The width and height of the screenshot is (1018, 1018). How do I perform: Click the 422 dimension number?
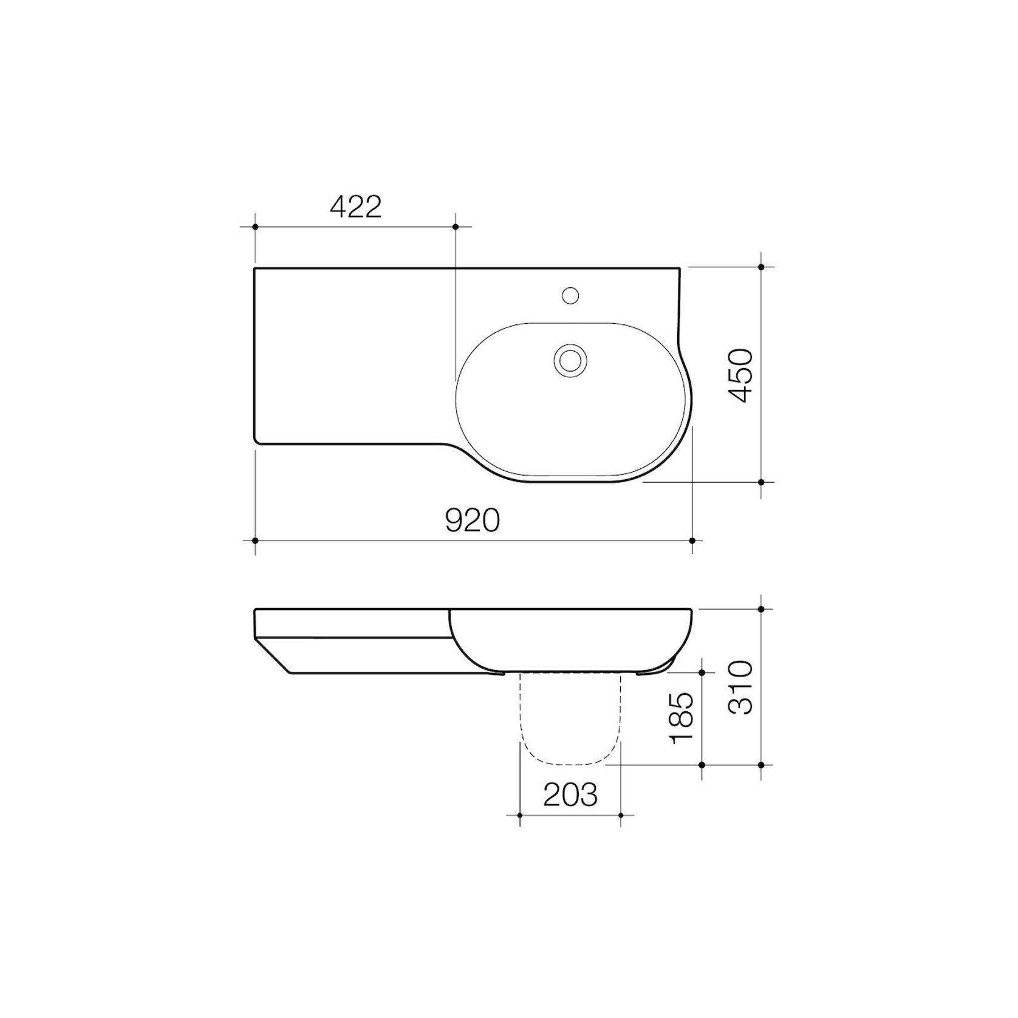click(x=355, y=207)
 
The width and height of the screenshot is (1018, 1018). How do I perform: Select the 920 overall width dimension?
click(x=472, y=521)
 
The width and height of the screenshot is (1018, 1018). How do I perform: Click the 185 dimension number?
click(x=682, y=719)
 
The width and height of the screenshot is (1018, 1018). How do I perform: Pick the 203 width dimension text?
click(x=570, y=794)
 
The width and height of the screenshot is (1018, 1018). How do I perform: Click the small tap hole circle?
click(x=570, y=295)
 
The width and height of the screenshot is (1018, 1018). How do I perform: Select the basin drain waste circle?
click(x=570, y=360)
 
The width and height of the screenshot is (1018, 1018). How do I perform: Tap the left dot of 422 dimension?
click(x=255, y=227)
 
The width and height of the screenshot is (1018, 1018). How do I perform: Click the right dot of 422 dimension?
click(x=456, y=227)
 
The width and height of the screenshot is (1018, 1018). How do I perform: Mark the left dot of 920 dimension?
click(x=255, y=540)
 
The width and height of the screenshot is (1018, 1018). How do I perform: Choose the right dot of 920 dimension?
click(x=692, y=540)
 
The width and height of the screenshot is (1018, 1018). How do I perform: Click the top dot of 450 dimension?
click(x=762, y=267)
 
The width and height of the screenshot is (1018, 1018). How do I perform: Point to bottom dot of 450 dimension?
click(x=762, y=482)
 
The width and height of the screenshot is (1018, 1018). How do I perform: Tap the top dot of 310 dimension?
click(x=762, y=609)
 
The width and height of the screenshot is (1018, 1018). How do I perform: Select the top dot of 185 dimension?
click(x=702, y=672)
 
